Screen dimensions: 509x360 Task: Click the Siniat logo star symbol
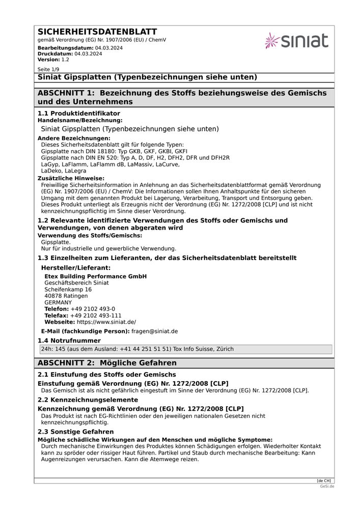(x=272, y=40)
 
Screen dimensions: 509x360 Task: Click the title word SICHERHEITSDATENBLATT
(x=97, y=32)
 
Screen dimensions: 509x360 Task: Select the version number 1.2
(x=65, y=60)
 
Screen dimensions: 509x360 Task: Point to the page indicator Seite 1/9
(x=48, y=69)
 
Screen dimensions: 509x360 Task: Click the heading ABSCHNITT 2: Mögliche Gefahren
(x=107, y=363)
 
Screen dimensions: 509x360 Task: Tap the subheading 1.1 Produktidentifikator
(x=79, y=113)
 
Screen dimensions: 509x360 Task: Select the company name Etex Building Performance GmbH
(x=95, y=276)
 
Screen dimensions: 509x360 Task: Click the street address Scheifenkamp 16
(x=68, y=289)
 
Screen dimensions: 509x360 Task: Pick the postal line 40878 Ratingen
(x=66, y=296)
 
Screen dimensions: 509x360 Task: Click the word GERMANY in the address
(x=58, y=302)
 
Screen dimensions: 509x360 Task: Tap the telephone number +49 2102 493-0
(x=93, y=309)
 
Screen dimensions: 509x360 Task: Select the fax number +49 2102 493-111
(x=96, y=316)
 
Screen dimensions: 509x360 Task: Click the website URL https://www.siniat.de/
(x=106, y=322)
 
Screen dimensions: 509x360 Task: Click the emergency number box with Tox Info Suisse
(x=185, y=349)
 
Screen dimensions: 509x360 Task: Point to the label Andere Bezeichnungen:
(x=74, y=138)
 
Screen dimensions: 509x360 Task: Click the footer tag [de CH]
(x=324, y=480)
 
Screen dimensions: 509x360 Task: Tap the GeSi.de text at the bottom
(x=327, y=487)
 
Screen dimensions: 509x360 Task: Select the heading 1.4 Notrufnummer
(x=69, y=341)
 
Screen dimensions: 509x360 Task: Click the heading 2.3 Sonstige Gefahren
(x=76, y=432)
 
